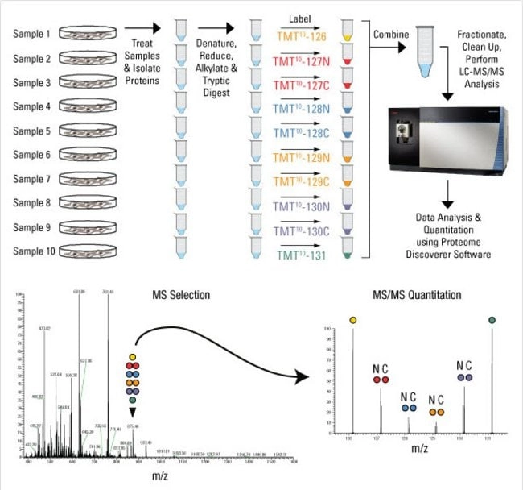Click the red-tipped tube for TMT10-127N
point(348,60)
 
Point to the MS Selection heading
point(183,295)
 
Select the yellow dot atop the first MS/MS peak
point(352,321)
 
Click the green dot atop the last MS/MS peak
point(492,321)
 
